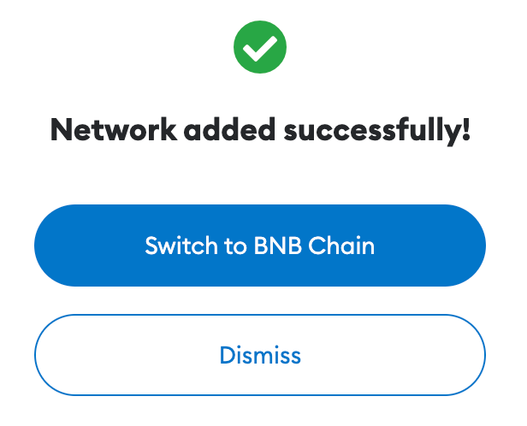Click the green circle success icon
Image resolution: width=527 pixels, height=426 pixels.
point(260,47)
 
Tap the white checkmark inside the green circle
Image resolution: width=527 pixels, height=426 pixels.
point(260,49)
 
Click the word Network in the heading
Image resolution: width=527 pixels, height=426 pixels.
point(114,129)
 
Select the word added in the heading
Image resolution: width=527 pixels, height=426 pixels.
point(230,129)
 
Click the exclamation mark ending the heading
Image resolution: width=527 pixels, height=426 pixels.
point(465,128)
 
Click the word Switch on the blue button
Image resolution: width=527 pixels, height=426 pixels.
point(181,246)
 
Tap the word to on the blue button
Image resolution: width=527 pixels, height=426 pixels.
point(235,246)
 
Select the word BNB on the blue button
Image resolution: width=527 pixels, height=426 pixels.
point(277,246)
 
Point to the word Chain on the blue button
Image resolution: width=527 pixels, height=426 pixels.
point(341,246)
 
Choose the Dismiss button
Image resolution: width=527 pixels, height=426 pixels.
point(260,355)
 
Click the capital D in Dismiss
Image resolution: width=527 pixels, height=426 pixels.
point(228,355)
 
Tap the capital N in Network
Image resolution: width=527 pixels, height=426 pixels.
point(62,129)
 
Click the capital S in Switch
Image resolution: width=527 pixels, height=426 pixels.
point(151,246)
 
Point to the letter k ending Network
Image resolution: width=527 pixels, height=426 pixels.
point(168,129)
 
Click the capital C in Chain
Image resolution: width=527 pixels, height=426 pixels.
point(317,246)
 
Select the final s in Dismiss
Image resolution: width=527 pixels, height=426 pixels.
point(295,358)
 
